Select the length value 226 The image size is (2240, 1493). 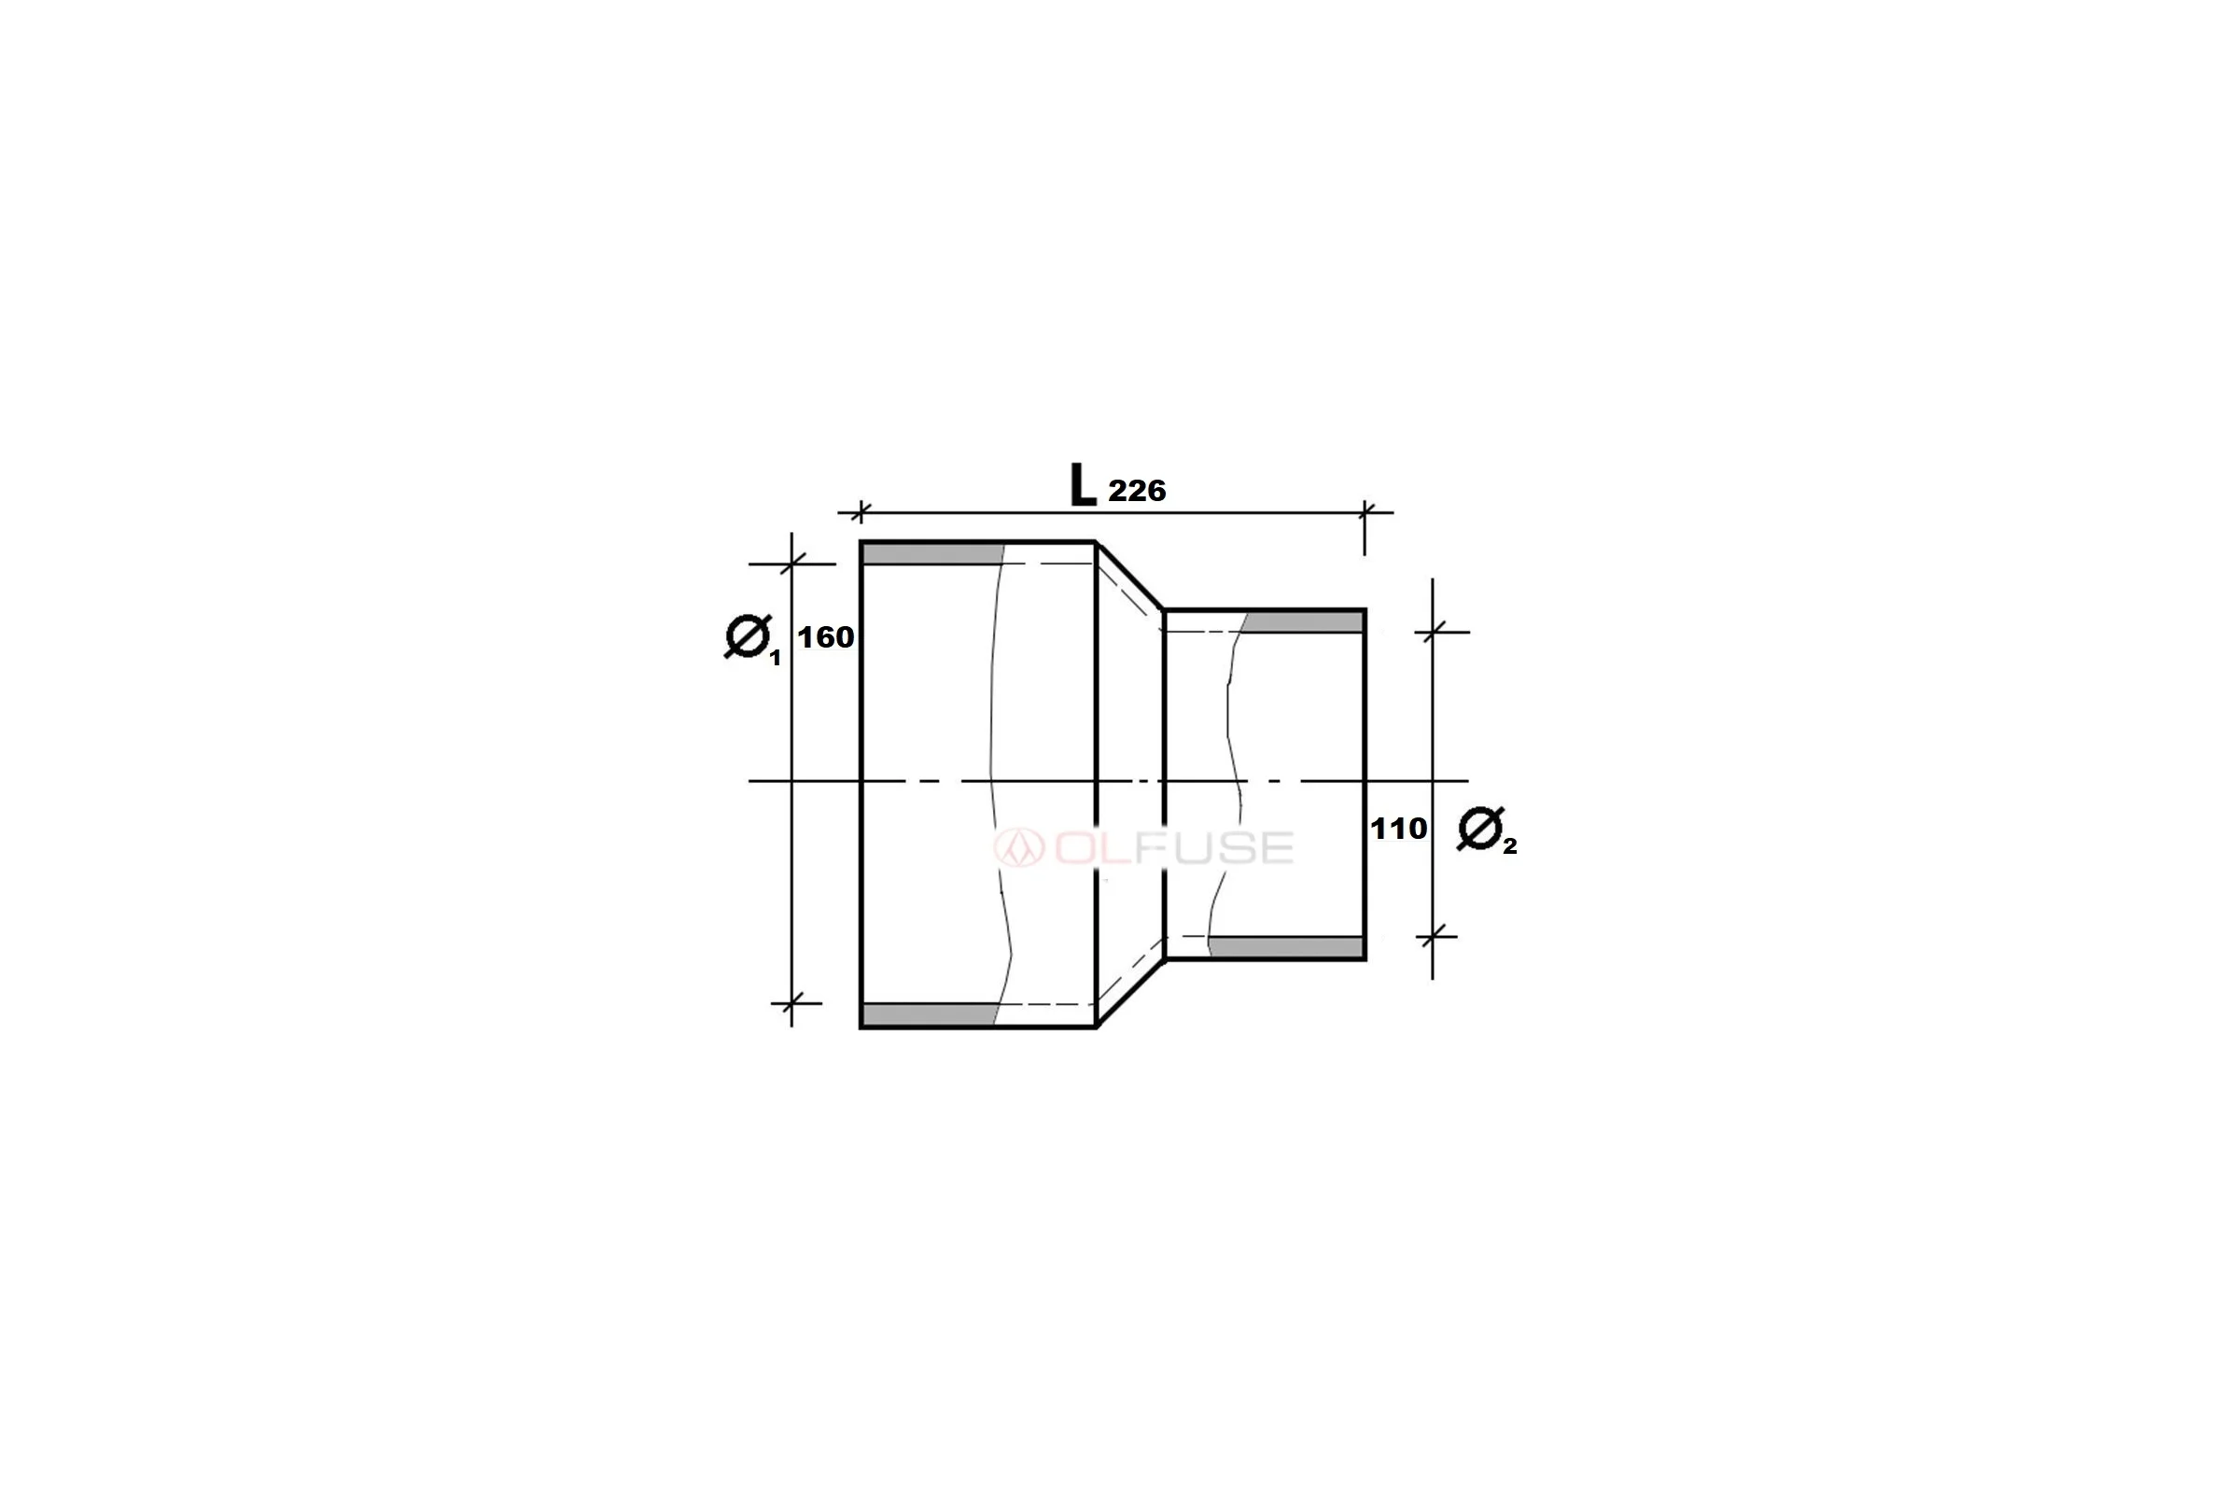(1137, 492)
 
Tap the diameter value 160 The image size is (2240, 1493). (826, 637)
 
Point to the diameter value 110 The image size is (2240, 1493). (1398, 829)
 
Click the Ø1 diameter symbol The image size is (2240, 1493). (752, 639)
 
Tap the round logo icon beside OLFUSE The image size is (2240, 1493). (1019, 847)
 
